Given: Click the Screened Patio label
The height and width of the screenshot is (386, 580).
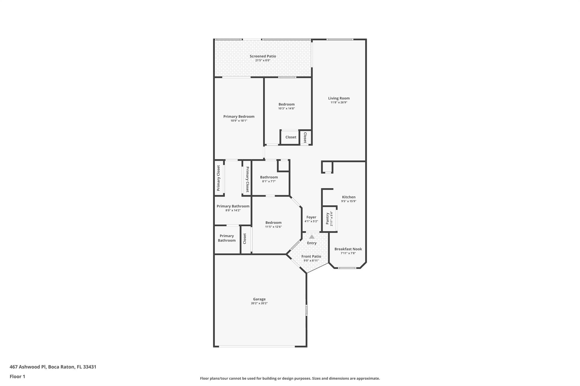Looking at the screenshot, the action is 263,56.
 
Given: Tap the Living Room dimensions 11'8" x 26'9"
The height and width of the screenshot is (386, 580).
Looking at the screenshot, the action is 339,103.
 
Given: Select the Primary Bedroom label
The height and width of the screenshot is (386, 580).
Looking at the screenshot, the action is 239,117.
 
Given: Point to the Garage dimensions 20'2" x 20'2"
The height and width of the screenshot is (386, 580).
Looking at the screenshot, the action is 259,303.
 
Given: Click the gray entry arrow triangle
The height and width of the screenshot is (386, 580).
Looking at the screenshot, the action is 312,237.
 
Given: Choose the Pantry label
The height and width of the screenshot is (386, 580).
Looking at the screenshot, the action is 327,219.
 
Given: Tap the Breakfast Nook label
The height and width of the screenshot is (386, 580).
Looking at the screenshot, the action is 348,249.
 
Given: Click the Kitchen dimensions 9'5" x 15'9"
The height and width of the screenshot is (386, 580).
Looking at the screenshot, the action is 349,201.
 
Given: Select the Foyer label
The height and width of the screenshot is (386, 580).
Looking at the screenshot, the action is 311,217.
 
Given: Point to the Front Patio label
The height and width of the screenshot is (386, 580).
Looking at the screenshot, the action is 311,256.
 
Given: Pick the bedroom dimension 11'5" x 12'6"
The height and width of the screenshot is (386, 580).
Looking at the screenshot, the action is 274,227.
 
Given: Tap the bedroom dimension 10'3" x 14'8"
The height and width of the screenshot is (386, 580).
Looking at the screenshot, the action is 287,109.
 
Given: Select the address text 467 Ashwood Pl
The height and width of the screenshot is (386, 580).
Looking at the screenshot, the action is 28,367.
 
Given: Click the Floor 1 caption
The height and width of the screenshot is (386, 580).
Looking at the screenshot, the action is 17,376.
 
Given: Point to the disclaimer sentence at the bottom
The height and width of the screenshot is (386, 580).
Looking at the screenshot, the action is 290,378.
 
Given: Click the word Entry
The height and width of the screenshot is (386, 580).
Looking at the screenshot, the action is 312,243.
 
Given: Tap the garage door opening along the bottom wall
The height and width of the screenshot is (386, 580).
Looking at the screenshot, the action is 257,346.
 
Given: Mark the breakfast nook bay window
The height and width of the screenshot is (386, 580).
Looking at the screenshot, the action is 347,268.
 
